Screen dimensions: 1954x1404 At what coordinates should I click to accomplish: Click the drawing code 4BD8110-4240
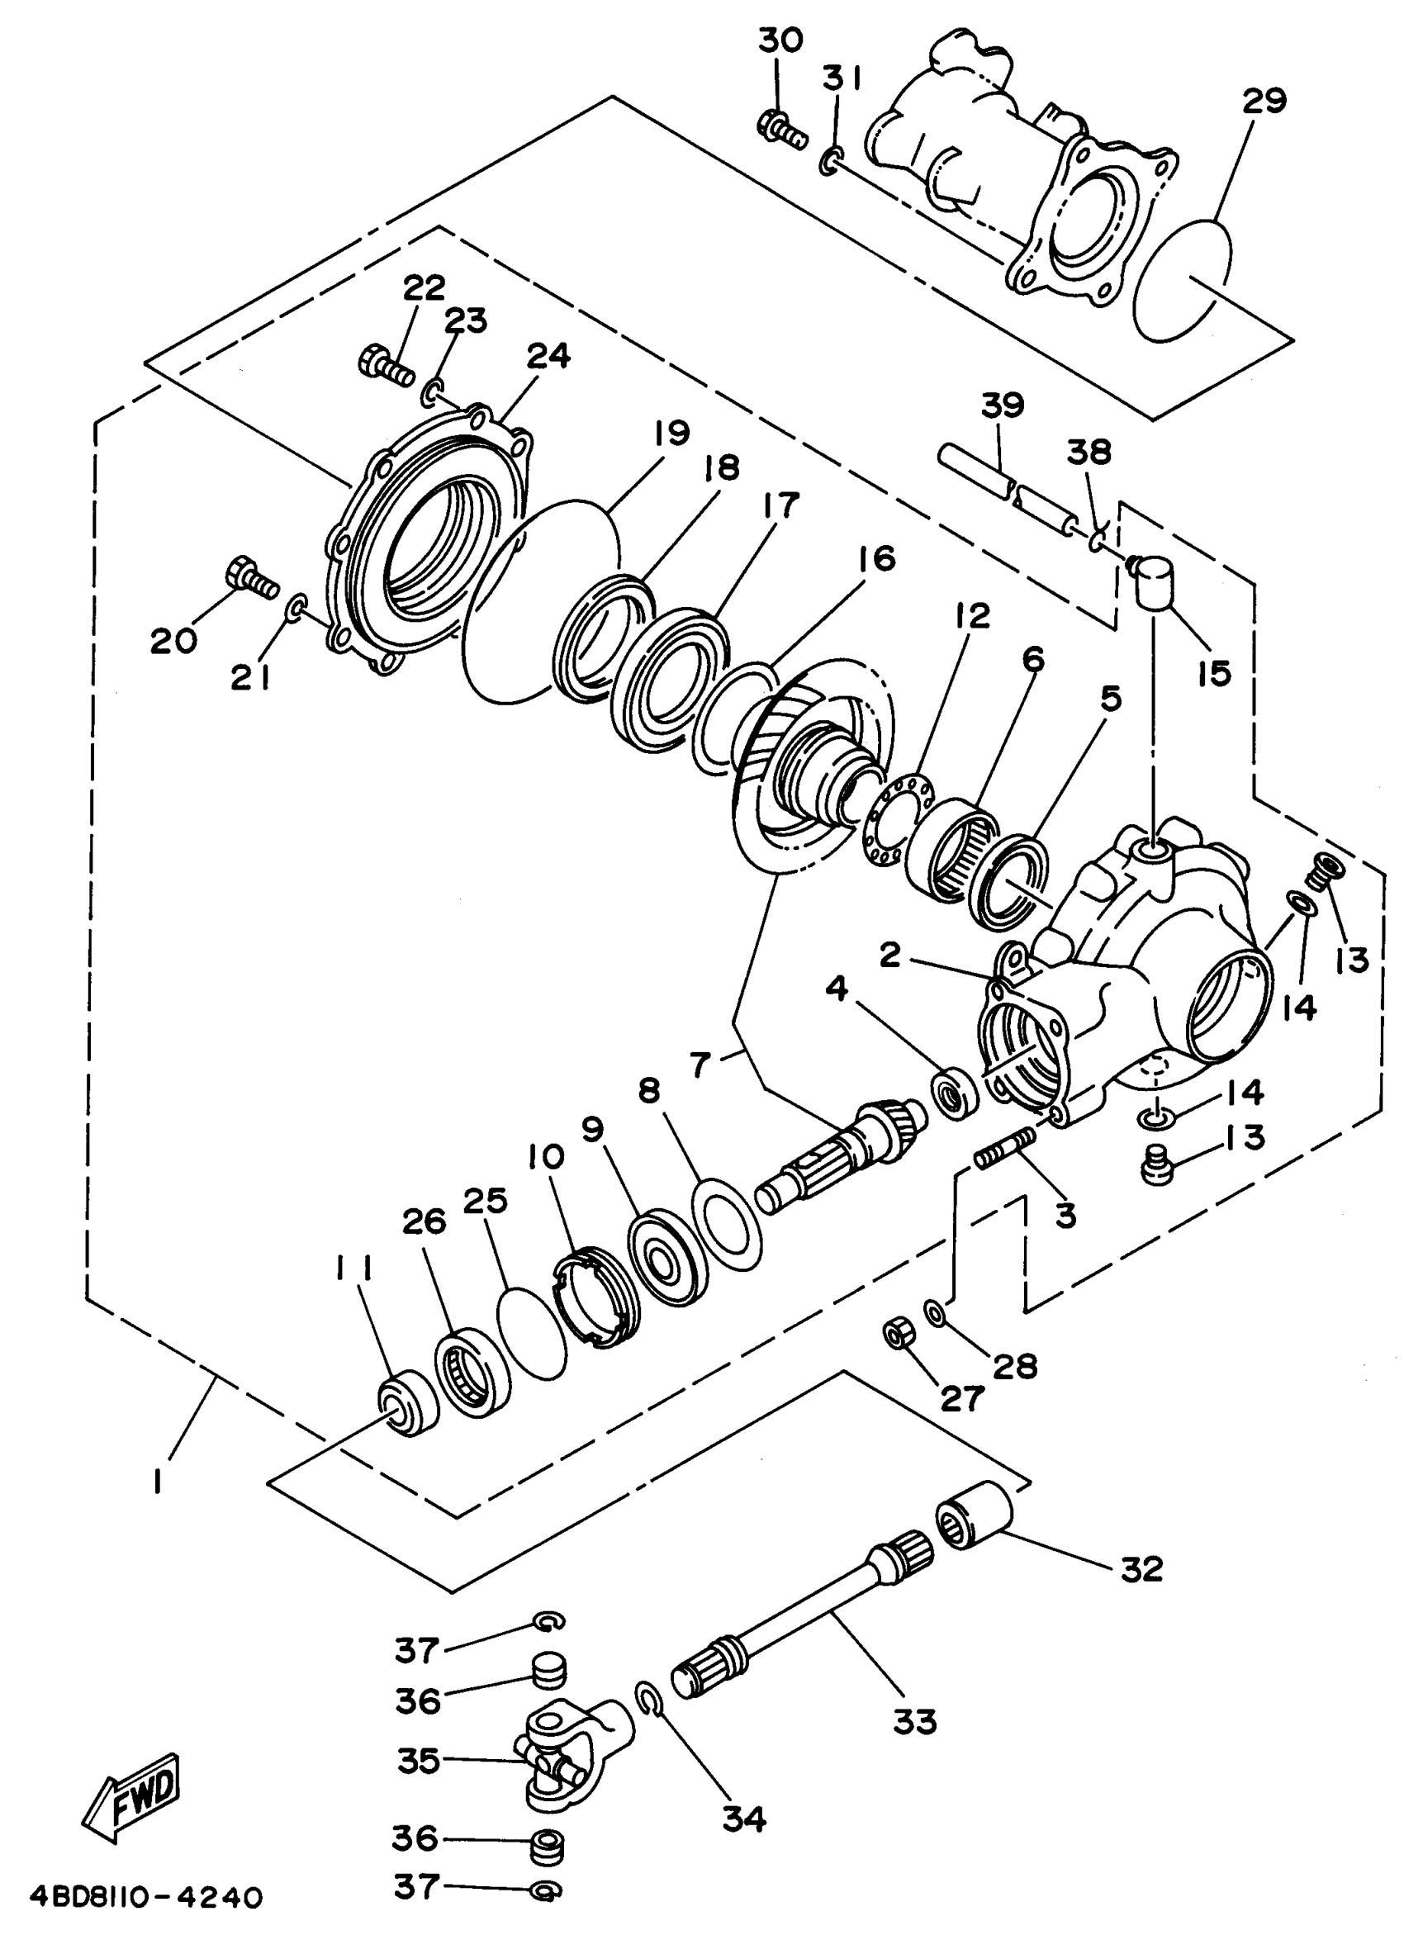145,1896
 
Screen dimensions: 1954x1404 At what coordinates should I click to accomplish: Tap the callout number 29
1264,102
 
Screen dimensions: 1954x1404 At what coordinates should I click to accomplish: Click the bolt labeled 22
386,366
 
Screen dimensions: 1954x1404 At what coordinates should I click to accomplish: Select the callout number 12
971,615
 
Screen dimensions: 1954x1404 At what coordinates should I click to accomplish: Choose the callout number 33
914,1721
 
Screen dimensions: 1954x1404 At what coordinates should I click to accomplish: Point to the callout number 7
700,1065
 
